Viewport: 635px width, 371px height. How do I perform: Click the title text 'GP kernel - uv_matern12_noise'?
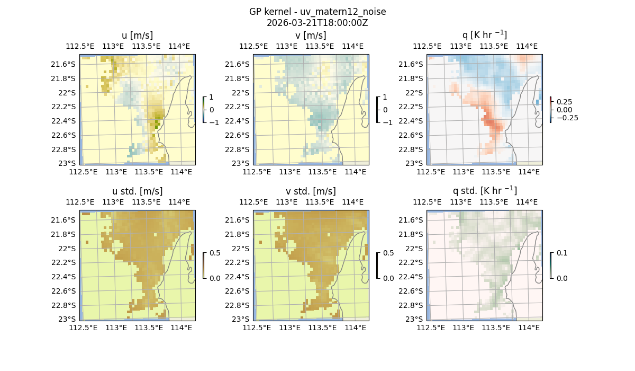tap(317, 12)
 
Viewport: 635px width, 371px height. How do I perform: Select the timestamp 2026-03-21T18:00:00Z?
tap(317, 23)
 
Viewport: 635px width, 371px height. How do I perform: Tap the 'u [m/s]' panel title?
tap(137, 36)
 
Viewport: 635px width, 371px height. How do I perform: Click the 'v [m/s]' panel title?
tap(311, 36)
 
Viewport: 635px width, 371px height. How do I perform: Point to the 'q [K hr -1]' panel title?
tap(484, 35)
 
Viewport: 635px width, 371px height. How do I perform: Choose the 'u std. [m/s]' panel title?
tap(137, 191)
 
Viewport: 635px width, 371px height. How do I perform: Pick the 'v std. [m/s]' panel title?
tap(311, 191)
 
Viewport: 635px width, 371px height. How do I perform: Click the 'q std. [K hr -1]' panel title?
tap(484, 191)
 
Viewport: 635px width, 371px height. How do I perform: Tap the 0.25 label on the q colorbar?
tap(565, 102)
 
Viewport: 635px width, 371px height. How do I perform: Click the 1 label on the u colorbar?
tap(212, 97)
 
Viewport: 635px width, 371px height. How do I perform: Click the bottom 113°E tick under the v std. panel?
tap(289, 328)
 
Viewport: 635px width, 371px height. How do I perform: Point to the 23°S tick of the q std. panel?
tap(415, 319)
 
